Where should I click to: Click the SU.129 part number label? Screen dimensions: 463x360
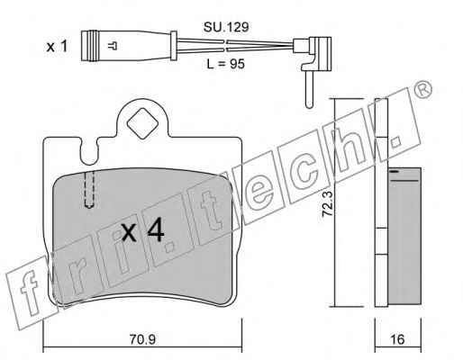(226, 27)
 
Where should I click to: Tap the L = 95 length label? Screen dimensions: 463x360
(226, 64)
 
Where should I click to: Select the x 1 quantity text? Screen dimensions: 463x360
(57, 47)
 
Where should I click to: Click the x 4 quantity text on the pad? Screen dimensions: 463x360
(143, 229)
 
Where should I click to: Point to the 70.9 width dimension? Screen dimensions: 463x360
(142, 339)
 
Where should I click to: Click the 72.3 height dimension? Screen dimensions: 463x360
(327, 204)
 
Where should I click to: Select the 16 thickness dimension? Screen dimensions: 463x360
(397, 339)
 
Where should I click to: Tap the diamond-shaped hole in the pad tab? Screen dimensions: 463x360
(142, 123)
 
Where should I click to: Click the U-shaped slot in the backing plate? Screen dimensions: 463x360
(89, 152)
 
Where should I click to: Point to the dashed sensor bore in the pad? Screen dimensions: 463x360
(89, 190)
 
